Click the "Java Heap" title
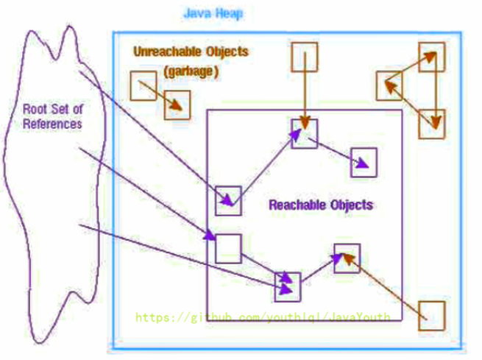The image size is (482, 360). pos(213,14)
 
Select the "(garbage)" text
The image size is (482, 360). pos(191,72)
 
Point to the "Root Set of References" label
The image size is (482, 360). pos(53,116)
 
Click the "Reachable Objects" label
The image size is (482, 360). pos(321,205)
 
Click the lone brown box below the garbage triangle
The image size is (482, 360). pos(432,315)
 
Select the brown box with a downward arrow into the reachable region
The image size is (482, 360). pos(305,57)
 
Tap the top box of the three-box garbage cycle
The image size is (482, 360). pos(432,56)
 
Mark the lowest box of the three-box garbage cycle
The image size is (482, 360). pos(432,124)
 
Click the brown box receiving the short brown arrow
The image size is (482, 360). pos(177,105)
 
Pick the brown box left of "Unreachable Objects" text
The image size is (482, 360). pos(143,85)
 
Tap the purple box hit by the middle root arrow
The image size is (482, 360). pos(228,247)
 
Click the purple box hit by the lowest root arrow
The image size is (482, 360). pos(288,286)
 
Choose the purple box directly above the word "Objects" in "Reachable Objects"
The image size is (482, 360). pos(364,162)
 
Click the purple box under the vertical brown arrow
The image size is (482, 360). pos(304,135)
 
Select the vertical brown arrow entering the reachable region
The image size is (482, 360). pos(305,96)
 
